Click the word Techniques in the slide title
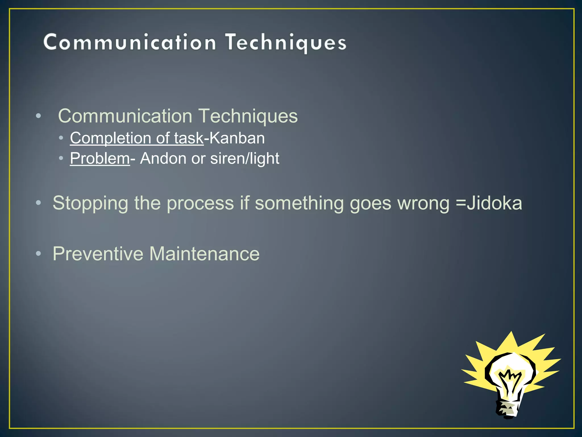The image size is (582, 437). click(x=286, y=43)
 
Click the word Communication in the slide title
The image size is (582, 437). click(x=130, y=43)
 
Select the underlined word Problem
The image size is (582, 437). click(x=100, y=158)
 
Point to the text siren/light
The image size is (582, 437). click(x=245, y=158)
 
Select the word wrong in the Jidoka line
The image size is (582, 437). click(x=423, y=203)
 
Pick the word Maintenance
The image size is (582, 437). click(x=204, y=253)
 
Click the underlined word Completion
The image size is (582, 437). click(x=110, y=138)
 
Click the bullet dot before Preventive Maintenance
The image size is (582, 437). click(x=38, y=253)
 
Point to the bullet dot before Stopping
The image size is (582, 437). click(x=38, y=203)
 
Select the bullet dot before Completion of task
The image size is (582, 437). click(x=61, y=138)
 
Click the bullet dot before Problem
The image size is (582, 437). click(x=61, y=158)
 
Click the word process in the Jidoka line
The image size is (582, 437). click(x=200, y=203)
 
